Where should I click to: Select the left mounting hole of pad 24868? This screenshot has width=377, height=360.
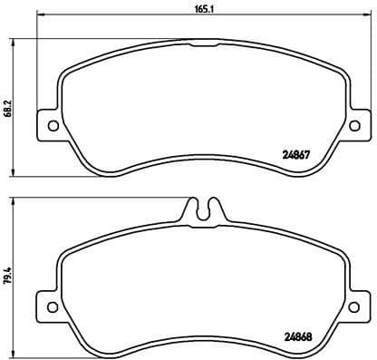click(50, 304)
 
